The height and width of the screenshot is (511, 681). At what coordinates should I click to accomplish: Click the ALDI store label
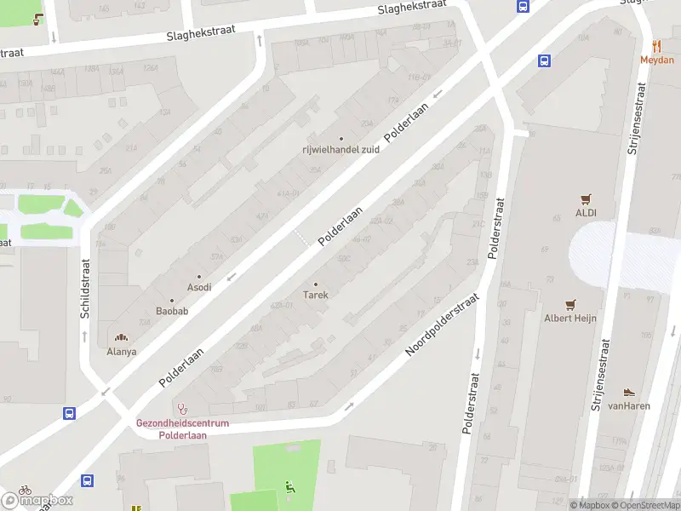[x=586, y=213]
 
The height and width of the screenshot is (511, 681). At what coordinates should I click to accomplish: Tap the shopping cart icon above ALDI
[x=586, y=199]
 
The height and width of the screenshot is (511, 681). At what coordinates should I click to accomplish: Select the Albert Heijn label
[x=570, y=319]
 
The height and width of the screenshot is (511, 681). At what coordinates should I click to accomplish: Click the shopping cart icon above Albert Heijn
[x=570, y=304]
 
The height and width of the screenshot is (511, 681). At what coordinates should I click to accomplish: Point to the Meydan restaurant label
[x=656, y=60]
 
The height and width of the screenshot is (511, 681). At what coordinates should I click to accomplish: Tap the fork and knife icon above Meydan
[x=656, y=46]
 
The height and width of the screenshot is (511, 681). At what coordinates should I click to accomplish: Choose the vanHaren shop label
[x=630, y=406]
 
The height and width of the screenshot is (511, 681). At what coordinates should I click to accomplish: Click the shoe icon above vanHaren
[x=629, y=393]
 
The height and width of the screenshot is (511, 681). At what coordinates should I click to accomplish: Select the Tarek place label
[x=316, y=295]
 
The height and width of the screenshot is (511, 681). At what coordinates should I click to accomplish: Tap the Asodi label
[x=199, y=287]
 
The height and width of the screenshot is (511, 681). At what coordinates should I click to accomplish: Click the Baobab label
[x=171, y=311]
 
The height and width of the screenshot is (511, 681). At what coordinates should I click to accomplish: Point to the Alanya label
[x=121, y=351]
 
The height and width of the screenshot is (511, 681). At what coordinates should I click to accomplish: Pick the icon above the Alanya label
[x=120, y=338]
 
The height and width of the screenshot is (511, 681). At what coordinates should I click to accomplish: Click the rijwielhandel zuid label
[x=340, y=150]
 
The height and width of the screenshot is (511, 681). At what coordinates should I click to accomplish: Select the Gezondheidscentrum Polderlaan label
[x=183, y=428]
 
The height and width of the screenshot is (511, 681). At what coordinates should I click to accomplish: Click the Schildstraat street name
[x=85, y=290]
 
